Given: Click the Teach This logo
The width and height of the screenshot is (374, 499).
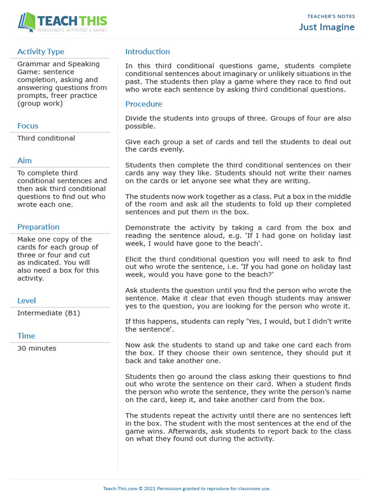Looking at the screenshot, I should point(62,23).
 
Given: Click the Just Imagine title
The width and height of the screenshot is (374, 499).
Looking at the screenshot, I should point(327,27).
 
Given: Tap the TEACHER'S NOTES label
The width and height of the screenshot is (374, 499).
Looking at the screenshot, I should point(331,17).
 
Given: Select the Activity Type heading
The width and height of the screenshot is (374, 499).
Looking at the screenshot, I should point(40,52).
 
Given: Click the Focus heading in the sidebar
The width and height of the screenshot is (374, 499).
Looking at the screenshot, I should point(28,126).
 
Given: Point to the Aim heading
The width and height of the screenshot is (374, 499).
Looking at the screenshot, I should point(24,160).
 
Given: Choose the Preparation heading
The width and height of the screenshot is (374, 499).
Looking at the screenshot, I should point(38,227).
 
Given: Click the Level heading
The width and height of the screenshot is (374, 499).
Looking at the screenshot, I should point(26,301).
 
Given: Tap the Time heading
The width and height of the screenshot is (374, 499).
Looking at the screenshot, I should point(26,336).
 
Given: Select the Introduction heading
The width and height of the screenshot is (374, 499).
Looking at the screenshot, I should point(148,52).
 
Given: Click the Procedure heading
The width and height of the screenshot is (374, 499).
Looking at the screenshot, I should point(144,104).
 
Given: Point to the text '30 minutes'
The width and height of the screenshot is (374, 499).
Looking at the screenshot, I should point(37,348).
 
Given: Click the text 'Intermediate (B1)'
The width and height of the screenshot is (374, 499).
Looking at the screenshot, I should point(48,313).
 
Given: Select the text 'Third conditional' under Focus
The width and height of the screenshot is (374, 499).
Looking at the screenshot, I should point(46,138).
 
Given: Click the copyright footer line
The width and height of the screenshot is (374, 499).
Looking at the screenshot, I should point(187,488).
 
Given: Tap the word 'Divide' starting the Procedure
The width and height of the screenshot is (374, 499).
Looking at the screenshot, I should point(137,118).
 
